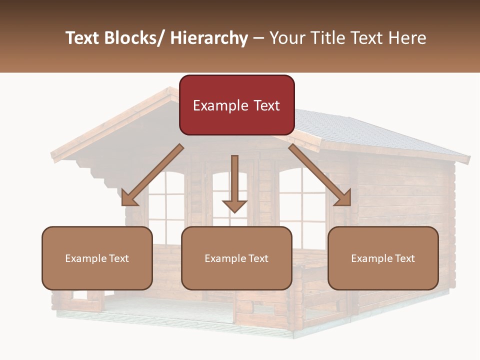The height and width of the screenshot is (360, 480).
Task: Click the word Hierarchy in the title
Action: coord(209,38)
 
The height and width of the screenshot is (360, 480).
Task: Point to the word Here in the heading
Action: coord(409,38)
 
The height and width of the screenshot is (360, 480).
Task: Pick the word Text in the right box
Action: coord(404,258)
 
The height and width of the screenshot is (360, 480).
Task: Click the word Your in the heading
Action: coord(287,38)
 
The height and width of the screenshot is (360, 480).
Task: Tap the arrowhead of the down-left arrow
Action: coord(129,198)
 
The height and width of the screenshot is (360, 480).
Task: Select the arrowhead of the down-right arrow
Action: coord(343,198)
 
